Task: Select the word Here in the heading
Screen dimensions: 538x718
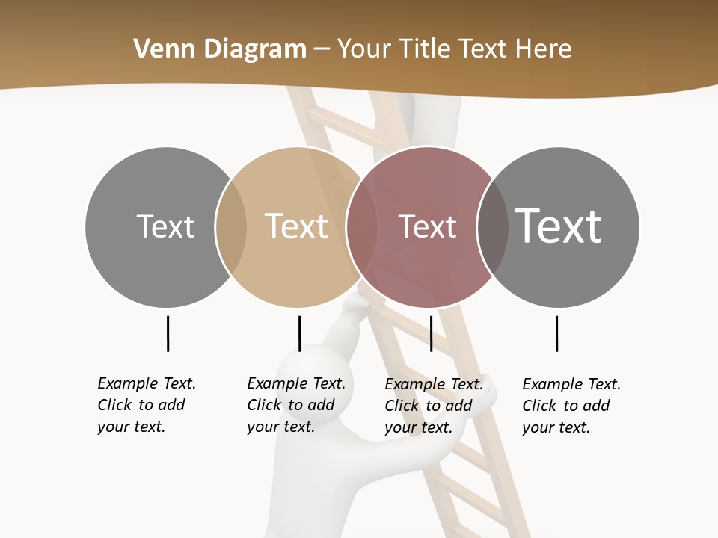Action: point(544,49)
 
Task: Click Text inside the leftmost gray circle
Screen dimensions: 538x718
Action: point(165,226)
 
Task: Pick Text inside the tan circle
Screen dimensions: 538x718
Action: point(296,226)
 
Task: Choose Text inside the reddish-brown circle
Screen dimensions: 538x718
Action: point(427,226)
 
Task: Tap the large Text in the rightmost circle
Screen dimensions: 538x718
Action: point(558,226)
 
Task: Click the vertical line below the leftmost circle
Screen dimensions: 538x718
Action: point(168,333)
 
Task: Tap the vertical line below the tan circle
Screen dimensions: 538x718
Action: point(299,333)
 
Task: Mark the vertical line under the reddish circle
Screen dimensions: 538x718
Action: point(431,333)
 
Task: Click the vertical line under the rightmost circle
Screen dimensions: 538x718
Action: point(556,333)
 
